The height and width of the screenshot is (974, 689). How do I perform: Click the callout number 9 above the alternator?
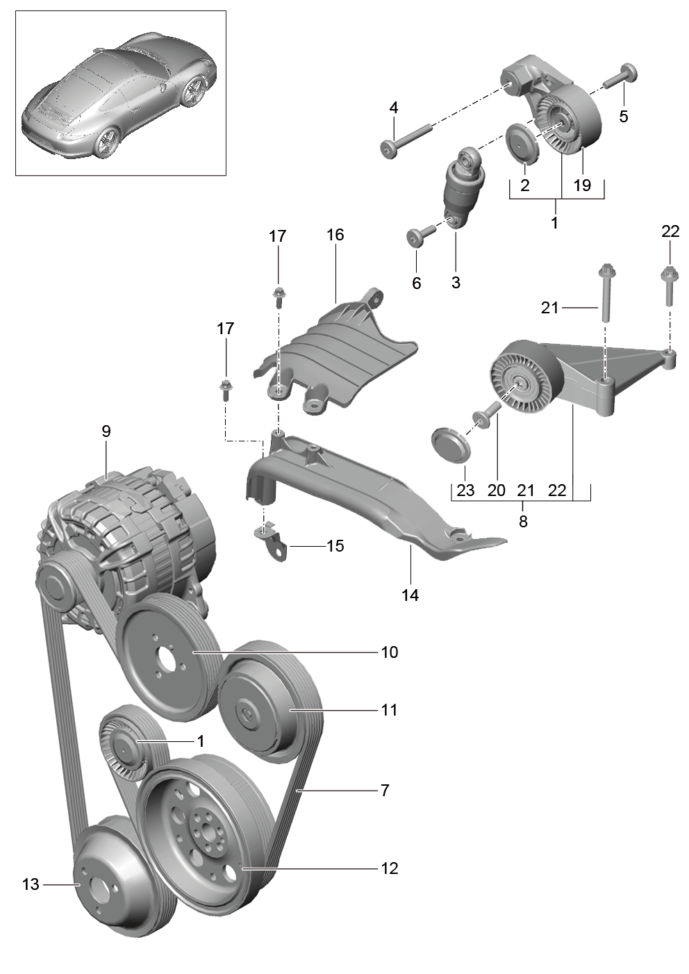[x=106, y=431]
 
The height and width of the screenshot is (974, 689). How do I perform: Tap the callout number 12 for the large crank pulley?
[x=389, y=868]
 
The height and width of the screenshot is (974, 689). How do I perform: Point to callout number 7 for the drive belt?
[x=385, y=790]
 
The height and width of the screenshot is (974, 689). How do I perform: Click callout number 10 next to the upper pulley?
[x=390, y=652]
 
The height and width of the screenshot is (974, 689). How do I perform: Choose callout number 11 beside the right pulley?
[x=389, y=709]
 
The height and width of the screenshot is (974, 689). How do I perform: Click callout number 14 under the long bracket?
[x=410, y=595]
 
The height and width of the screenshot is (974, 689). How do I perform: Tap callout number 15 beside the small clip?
[x=335, y=545]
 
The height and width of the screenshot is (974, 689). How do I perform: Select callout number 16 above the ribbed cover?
[x=335, y=235]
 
